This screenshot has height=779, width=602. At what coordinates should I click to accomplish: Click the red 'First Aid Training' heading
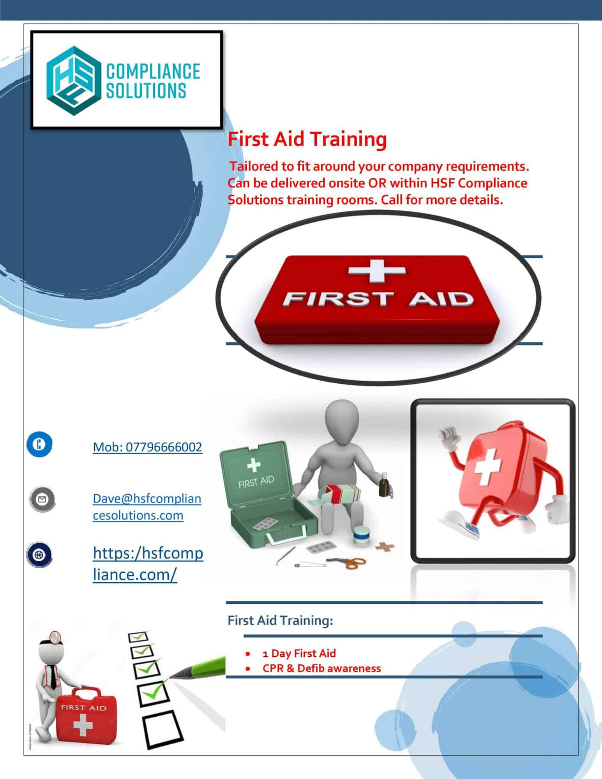coord(307,139)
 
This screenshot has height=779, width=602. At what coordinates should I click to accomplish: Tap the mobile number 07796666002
coord(147,447)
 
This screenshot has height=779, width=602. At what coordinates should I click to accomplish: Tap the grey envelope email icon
coord(42,499)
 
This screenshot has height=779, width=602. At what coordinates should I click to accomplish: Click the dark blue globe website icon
coord(39,555)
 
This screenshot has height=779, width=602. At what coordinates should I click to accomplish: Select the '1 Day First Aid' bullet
coord(299,653)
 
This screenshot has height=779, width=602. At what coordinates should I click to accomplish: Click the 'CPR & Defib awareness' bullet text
coord(321,668)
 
